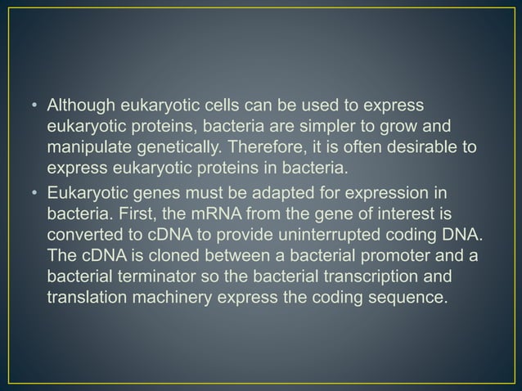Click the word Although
click(81, 106)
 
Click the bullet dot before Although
click(35, 107)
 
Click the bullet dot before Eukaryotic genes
click(35, 194)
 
